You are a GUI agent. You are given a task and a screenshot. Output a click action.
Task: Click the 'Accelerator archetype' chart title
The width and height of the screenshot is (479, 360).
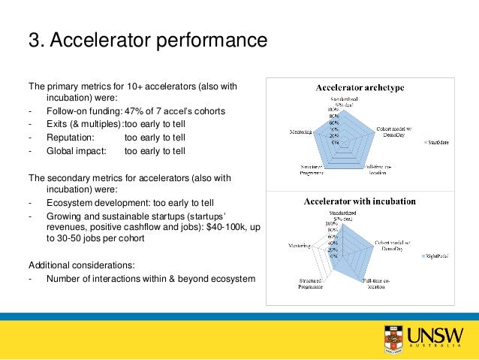point(359,88)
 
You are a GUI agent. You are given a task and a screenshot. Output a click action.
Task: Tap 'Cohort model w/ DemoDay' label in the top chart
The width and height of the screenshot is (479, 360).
point(393,130)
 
